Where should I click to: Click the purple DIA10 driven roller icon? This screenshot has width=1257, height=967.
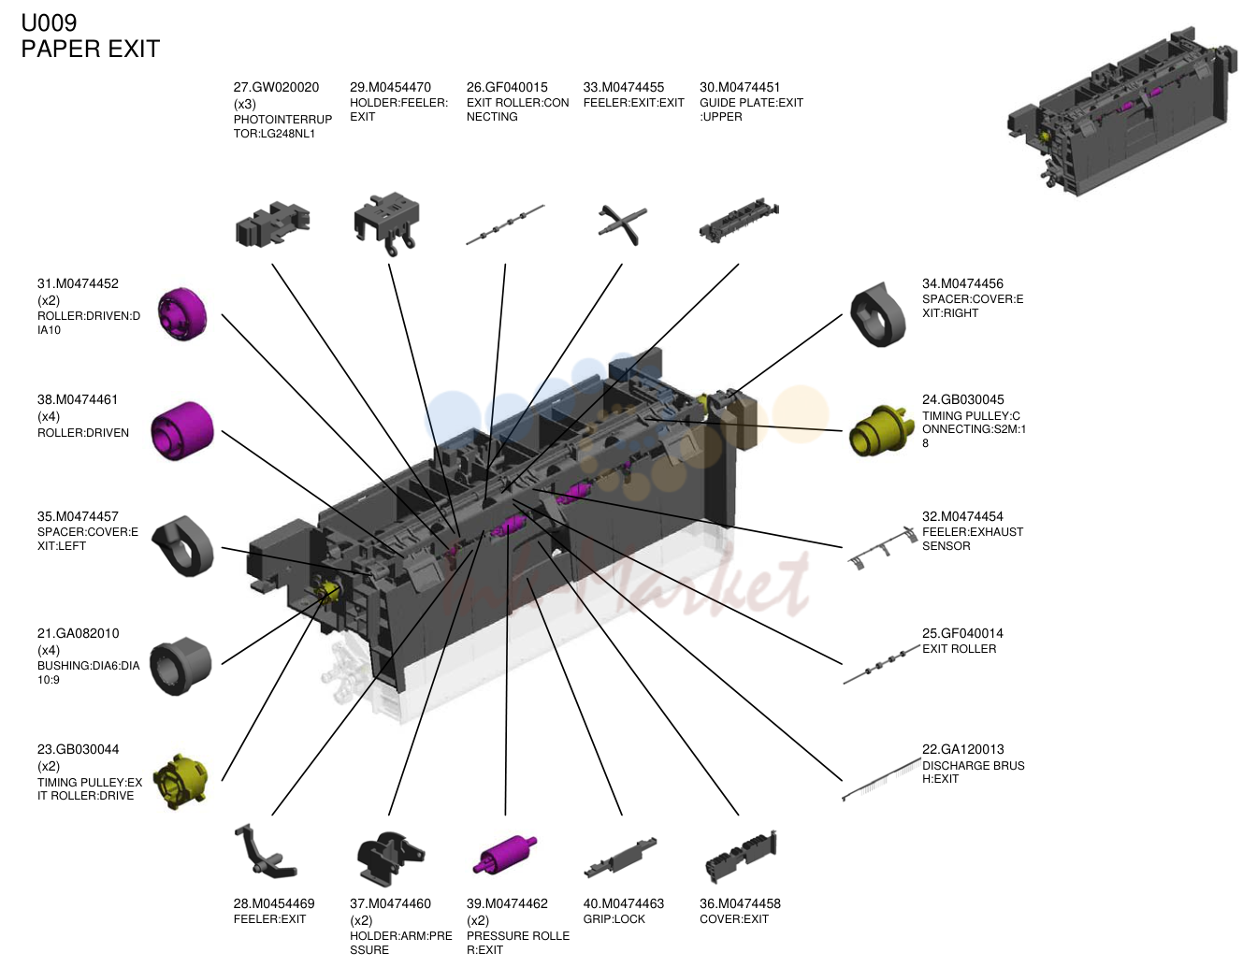pyautogui.click(x=182, y=314)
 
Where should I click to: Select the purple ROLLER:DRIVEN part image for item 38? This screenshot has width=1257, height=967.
pyautogui.click(x=182, y=431)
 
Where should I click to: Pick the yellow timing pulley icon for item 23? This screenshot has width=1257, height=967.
pyautogui.click(x=181, y=781)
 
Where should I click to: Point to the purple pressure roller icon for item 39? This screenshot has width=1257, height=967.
pyautogui.click(x=505, y=854)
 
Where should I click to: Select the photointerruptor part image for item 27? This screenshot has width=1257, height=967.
pyautogui.click(x=272, y=224)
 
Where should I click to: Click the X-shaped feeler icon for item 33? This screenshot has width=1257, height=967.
pyautogui.click(x=623, y=225)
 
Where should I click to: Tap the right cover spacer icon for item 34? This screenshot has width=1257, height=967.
pyautogui.click(x=878, y=315)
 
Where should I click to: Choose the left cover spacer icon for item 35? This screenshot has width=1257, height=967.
pyautogui.click(x=182, y=546)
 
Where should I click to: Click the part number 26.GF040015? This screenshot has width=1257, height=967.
pyautogui.click(x=507, y=87)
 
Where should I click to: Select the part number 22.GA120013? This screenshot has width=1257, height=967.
pyautogui.click(x=962, y=749)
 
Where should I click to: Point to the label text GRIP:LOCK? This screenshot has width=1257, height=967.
pyautogui.click(x=614, y=919)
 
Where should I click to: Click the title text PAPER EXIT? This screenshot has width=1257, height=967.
pyautogui.click(x=90, y=50)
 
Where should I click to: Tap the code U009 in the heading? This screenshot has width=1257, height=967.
pyautogui.click(x=49, y=22)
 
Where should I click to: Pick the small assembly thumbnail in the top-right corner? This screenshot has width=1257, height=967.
pyautogui.click(x=1122, y=111)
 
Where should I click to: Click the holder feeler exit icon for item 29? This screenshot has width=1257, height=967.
pyautogui.click(x=387, y=224)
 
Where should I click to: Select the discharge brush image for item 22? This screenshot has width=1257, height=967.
pyautogui.click(x=881, y=780)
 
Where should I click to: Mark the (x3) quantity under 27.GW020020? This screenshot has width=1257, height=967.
pyautogui.click(x=245, y=104)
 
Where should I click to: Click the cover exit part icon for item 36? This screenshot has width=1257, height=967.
pyautogui.click(x=741, y=857)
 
